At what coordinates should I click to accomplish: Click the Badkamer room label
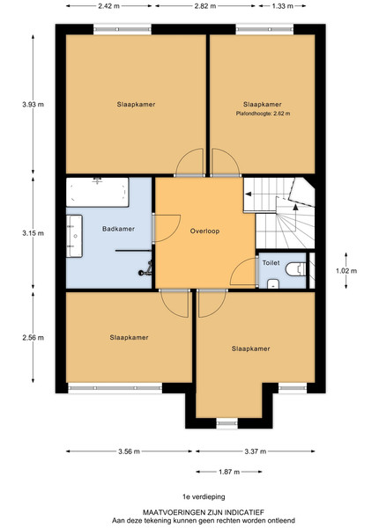[x=118, y=229]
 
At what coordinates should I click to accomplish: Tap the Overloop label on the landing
[x=204, y=231]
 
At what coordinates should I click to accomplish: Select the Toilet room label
[x=271, y=262]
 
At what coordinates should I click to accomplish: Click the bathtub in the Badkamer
[x=98, y=192]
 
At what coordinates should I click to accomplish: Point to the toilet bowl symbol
[x=296, y=269]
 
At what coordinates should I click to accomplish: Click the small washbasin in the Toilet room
[x=273, y=284]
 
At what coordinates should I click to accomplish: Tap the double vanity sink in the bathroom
[x=74, y=236]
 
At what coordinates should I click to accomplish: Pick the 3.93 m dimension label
[x=33, y=105]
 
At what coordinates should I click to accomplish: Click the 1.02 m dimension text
[x=346, y=271]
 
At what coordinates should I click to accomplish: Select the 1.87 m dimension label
[x=229, y=472]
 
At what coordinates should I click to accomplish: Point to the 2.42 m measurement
[x=108, y=6]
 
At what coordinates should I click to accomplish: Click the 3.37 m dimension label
[x=256, y=451]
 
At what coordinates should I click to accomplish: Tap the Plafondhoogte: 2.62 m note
[x=263, y=114]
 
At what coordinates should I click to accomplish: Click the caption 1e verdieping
[x=204, y=496]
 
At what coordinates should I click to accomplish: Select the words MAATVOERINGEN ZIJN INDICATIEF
[x=204, y=512]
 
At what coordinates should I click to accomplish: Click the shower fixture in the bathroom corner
[x=145, y=268]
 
